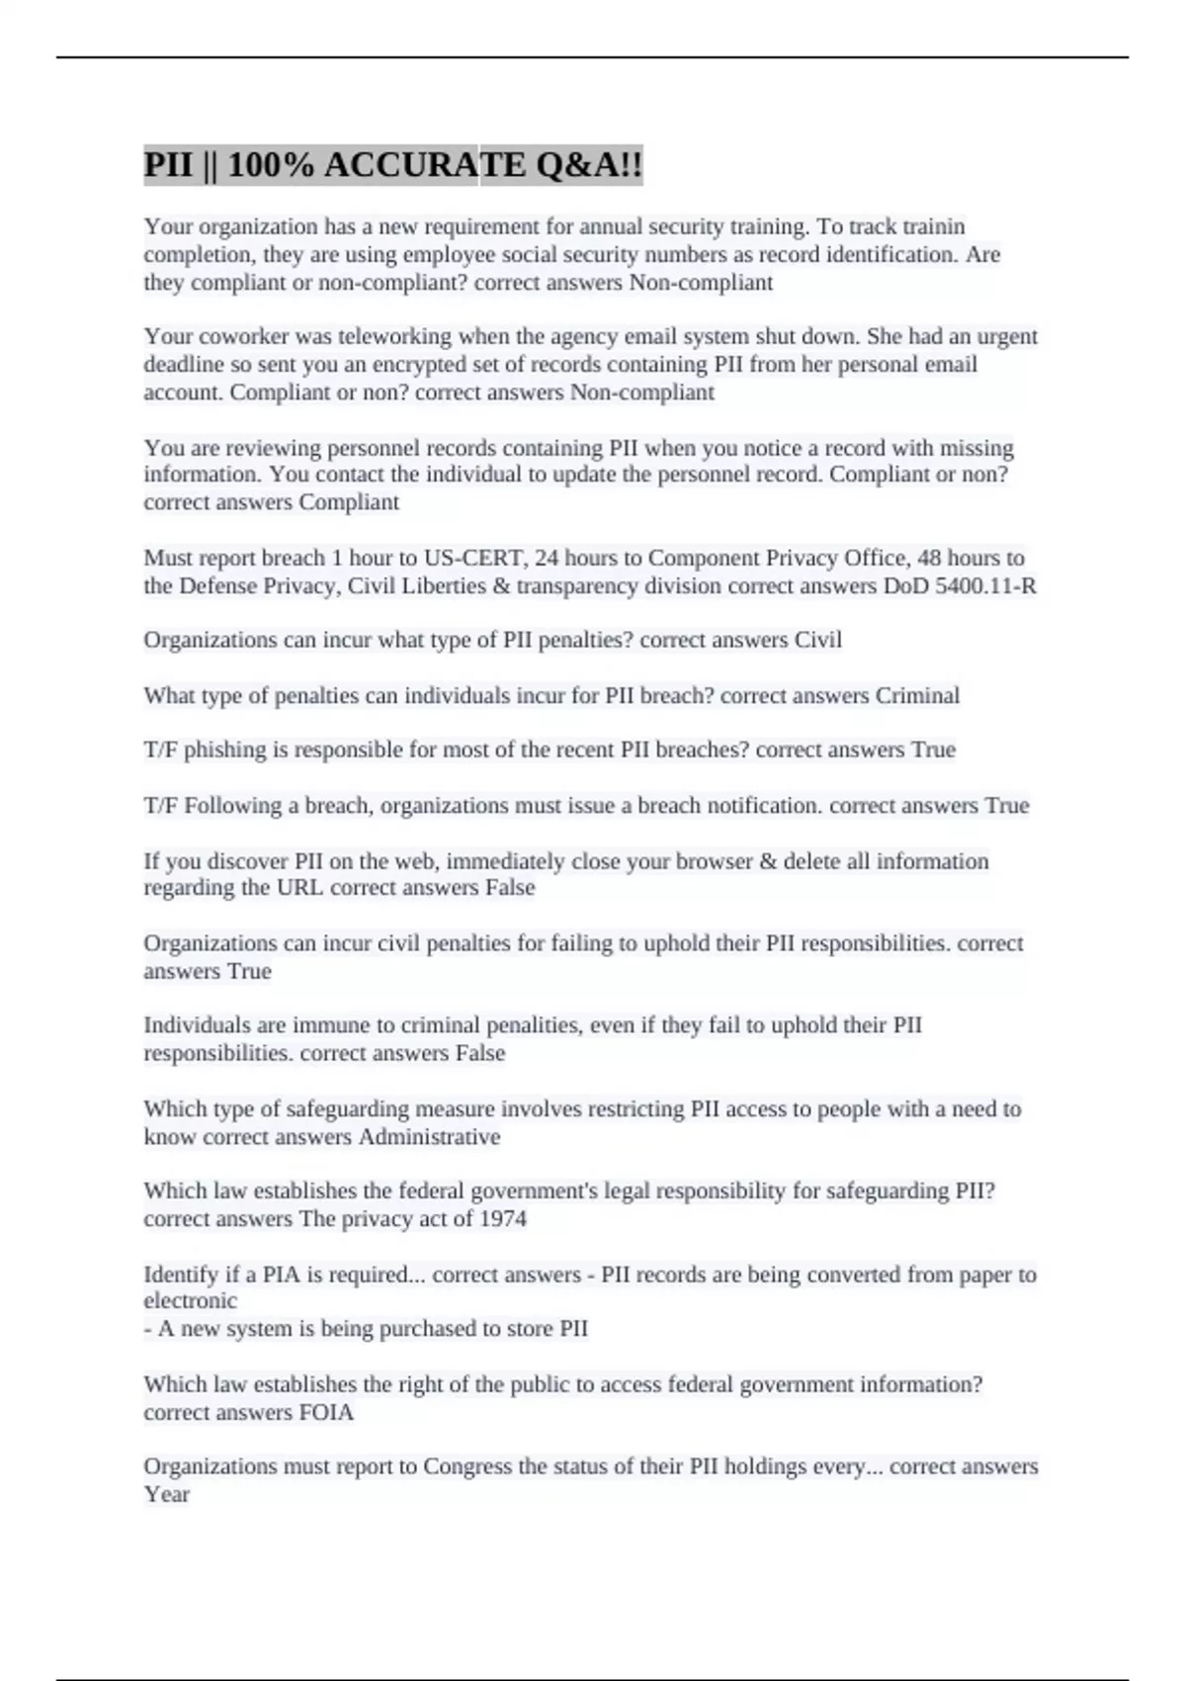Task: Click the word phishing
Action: [x=225, y=750]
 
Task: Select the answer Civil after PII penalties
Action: [x=818, y=640]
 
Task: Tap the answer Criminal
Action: [x=917, y=695]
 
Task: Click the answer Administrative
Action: [x=429, y=1137]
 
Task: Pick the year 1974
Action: [x=502, y=1219]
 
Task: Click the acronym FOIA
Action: [x=326, y=1412]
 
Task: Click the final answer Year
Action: [x=166, y=1494]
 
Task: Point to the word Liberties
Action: [x=443, y=586]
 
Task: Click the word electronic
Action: [x=190, y=1301]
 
